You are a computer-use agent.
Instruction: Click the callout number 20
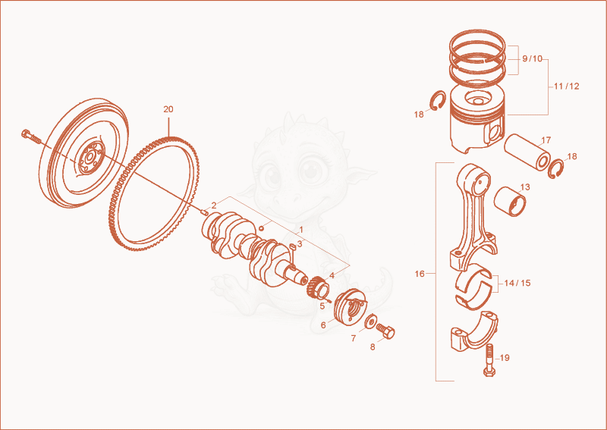[x=168, y=109]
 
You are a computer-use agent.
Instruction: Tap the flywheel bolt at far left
[x=31, y=137]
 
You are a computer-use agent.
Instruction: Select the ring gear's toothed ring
[x=153, y=194]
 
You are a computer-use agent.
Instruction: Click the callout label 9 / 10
[x=533, y=59]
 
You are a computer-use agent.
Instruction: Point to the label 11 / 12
[x=566, y=86]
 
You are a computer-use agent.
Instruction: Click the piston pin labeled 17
[x=527, y=152]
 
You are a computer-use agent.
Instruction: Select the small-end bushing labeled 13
[x=510, y=201]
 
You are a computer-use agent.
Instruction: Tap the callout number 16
[x=420, y=274]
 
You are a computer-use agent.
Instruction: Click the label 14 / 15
[x=517, y=284]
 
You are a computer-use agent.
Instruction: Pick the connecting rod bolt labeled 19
[x=489, y=359]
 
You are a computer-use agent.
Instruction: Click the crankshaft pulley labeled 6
[x=350, y=308]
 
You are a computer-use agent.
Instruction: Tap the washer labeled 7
[x=371, y=322]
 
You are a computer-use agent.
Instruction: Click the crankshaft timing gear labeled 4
[x=318, y=287]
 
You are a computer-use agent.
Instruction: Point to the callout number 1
[x=301, y=231]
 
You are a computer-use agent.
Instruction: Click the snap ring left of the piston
[x=439, y=101]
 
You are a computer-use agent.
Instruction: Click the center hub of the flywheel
[x=90, y=158]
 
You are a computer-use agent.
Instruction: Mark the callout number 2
[x=214, y=206]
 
